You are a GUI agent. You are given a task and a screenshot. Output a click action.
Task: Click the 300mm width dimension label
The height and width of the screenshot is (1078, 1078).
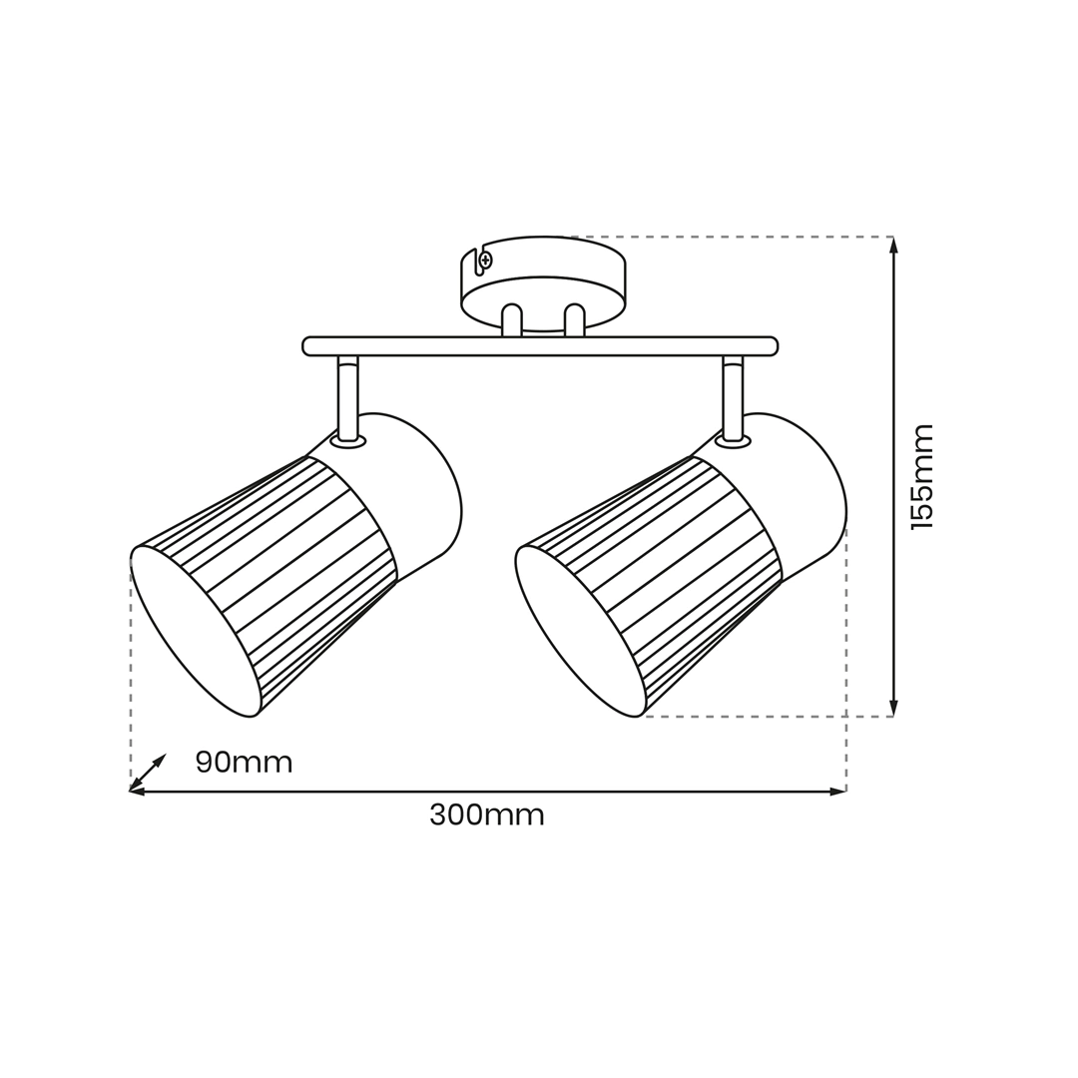coord(487,815)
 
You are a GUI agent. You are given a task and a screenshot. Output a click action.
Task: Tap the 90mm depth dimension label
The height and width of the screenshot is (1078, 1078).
coord(245,763)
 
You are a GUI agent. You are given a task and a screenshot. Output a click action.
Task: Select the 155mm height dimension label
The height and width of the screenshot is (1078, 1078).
coord(922,476)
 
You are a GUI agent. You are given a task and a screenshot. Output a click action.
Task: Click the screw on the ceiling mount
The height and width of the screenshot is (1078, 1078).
coord(486,260)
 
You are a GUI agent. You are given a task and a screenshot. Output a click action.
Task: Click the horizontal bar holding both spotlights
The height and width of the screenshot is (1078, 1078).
coord(540,346)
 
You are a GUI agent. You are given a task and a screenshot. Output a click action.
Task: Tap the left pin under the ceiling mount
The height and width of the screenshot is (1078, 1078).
coord(511,320)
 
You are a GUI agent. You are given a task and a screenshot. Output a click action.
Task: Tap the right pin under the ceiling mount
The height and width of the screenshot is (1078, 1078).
coord(574,320)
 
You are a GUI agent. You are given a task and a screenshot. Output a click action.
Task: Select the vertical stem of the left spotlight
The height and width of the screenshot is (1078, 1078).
coord(348,397)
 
